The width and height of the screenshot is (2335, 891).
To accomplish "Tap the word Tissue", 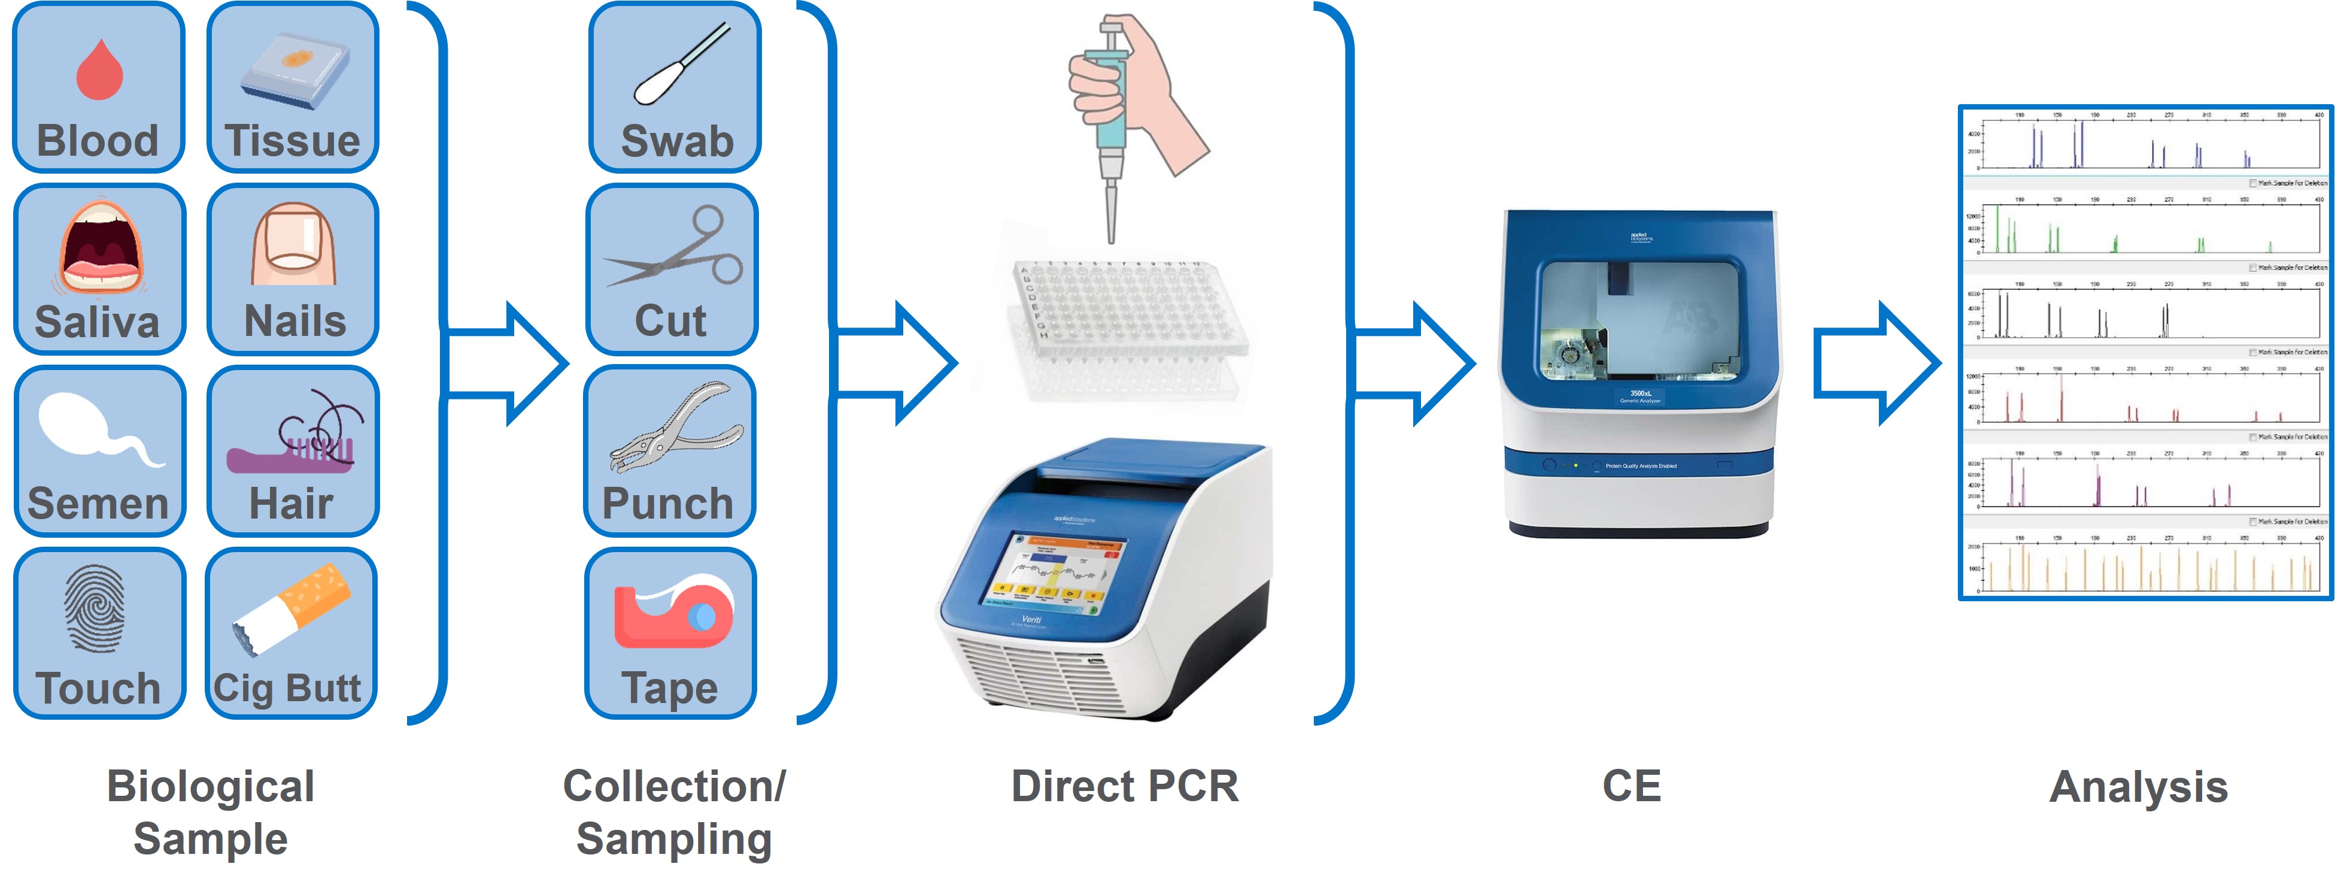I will (293, 141).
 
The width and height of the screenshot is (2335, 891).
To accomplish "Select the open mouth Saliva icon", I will (101, 246).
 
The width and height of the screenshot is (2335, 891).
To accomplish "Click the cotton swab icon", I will (680, 63).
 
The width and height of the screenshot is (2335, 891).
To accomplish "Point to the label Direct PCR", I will (1124, 786).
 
